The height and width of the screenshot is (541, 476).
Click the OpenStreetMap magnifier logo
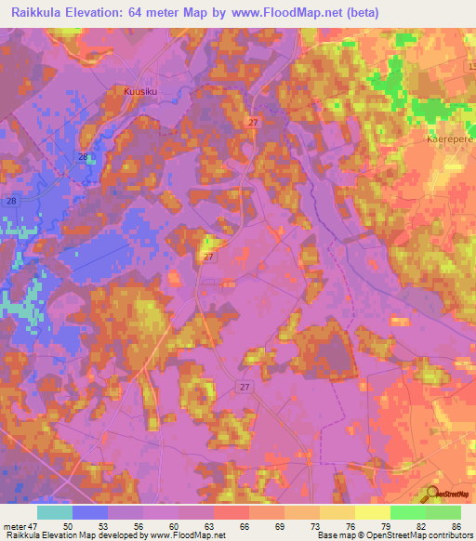click(433, 495)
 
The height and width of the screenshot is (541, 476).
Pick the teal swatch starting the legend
click(55, 512)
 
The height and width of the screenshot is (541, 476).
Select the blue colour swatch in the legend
click(90, 512)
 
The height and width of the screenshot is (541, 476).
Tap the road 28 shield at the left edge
click(11, 201)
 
